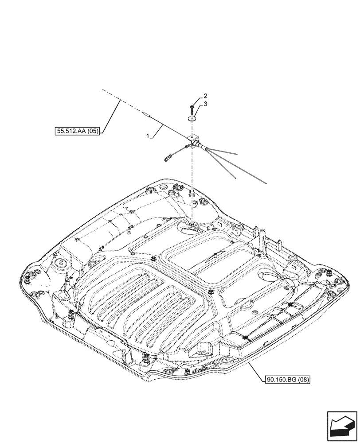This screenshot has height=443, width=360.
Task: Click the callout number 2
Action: point(205,96)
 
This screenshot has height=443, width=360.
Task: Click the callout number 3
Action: point(205,105)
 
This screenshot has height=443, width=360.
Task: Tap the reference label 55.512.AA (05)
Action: point(77,131)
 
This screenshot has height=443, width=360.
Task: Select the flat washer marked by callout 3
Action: point(192,118)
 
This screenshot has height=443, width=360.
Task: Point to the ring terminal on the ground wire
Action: point(167,156)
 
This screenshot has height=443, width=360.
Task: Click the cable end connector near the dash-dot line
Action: point(147,116)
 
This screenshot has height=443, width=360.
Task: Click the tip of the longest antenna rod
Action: point(265,182)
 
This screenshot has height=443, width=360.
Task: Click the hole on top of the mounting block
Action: point(192,136)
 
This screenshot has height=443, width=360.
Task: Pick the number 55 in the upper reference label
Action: point(61,131)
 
